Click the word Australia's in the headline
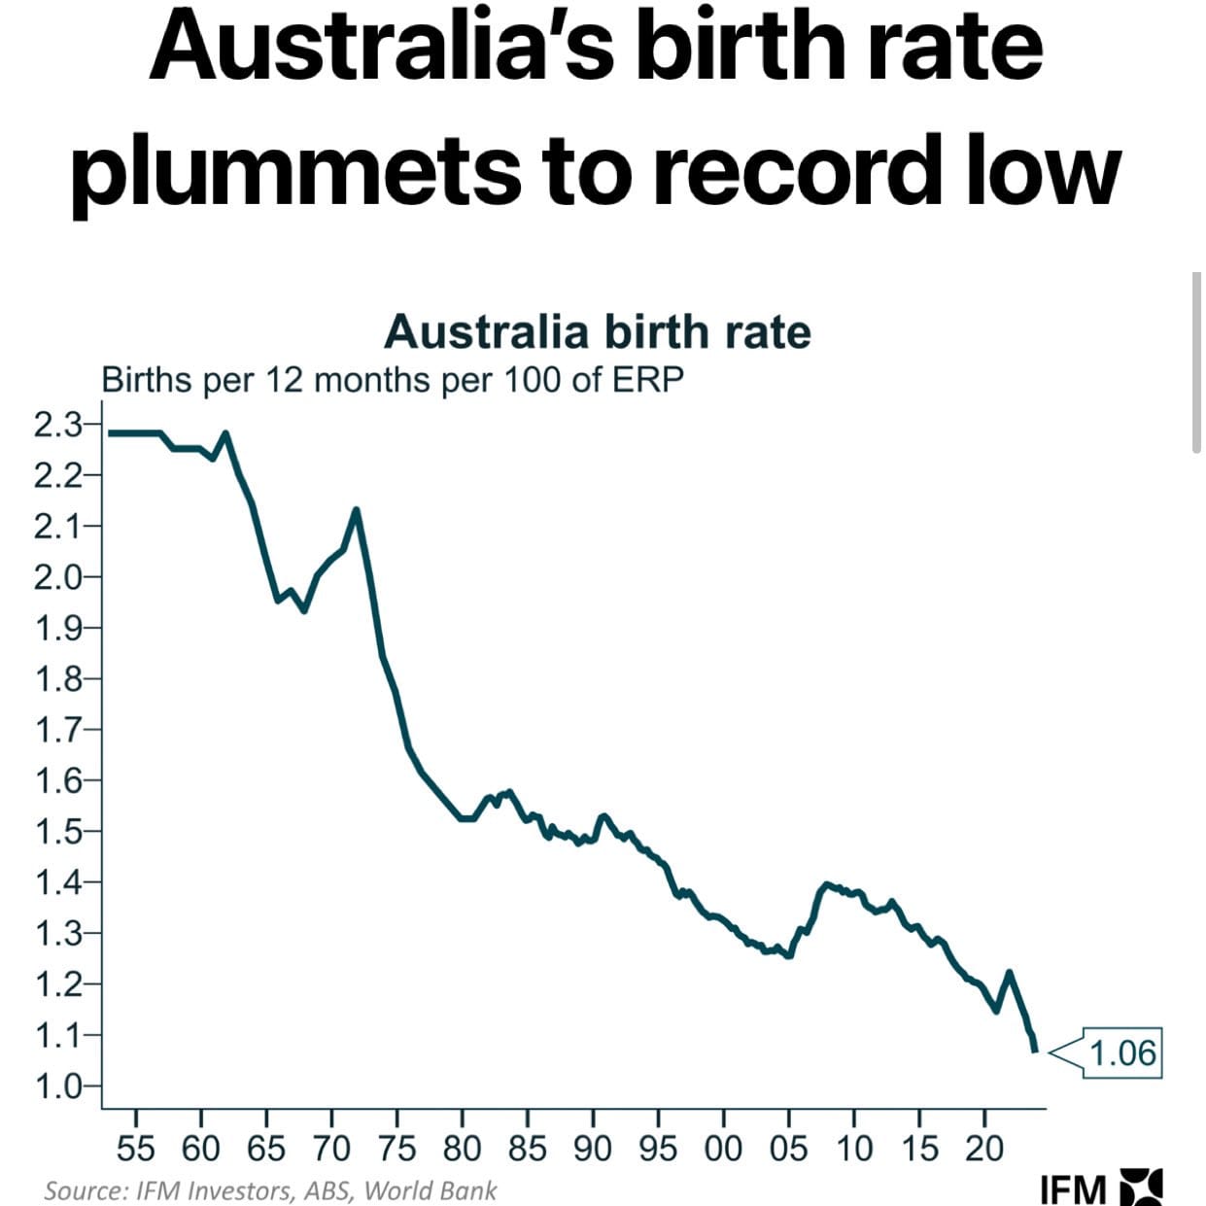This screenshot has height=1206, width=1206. pos(384,49)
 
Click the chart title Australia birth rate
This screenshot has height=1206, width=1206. pos(597,332)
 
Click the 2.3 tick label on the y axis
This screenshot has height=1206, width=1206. pos(57,425)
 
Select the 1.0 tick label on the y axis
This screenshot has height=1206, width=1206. pos(57,1085)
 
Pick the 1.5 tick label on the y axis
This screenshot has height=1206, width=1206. pos(57,832)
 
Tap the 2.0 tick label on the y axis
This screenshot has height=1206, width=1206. pos(57,577)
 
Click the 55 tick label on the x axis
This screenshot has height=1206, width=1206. pos(135,1149)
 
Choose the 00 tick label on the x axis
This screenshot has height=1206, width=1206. pos(723,1149)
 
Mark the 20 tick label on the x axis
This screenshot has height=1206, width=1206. pos(983,1149)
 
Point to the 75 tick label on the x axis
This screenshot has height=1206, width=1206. pos(396,1149)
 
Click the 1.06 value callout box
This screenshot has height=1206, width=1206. pos(1122,1052)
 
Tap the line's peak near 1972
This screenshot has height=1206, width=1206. pos(357,509)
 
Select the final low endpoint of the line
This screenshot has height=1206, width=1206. pos(1034,1050)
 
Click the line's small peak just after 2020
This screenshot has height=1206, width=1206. pos(1009,972)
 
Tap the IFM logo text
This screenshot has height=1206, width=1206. pos(1072,1189)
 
